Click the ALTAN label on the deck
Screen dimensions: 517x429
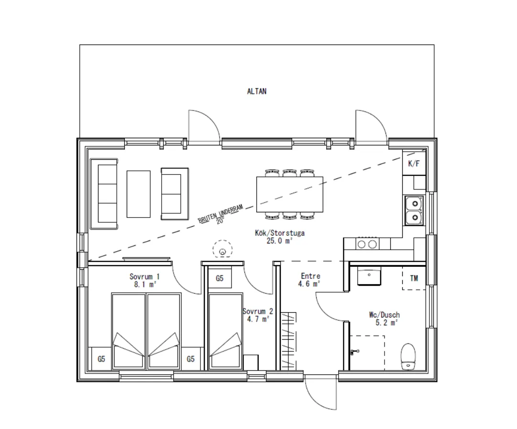[256, 91]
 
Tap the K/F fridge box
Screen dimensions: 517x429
[414, 163]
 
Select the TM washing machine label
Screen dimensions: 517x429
[414, 278]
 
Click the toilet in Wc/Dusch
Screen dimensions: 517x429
[408, 356]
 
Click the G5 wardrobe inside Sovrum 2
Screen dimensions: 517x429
[220, 278]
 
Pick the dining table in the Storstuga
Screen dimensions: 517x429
[289, 194]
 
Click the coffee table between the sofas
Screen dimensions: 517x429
[139, 194]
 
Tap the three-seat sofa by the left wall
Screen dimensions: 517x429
[104, 194]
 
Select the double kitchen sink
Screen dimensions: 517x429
[415, 210]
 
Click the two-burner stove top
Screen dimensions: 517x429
[367, 244]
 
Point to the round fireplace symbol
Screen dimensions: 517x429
[222, 249]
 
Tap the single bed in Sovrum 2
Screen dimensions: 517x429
[226, 331]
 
